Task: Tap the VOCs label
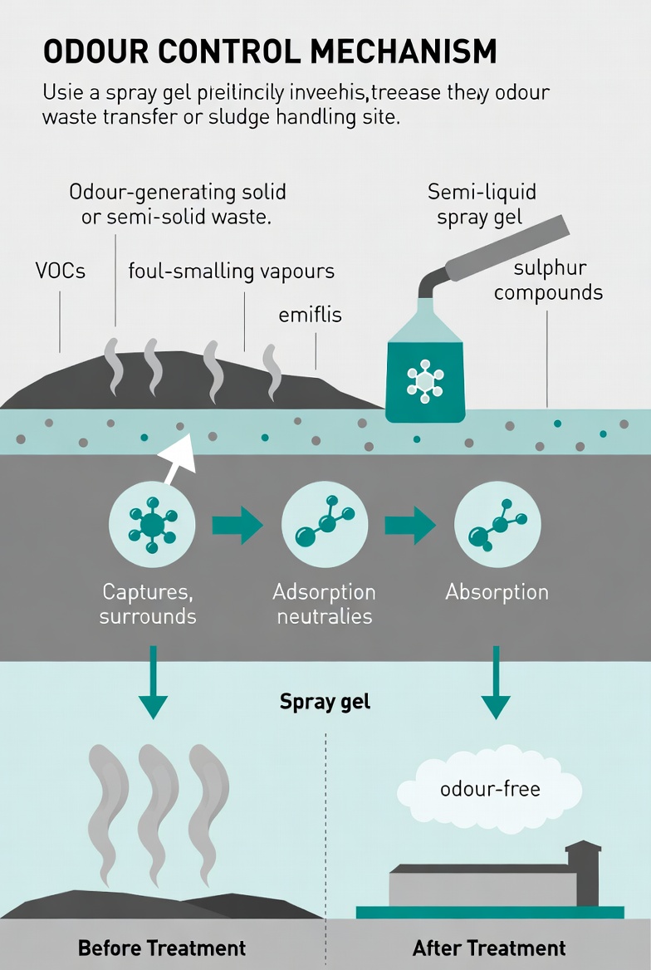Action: tap(61, 271)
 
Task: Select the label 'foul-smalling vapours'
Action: tap(231, 271)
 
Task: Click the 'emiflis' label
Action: tap(310, 315)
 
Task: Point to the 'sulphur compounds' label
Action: tap(548, 280)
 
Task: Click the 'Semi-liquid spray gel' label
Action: tap(482, 204)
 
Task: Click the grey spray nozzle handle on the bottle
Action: tap(507, 249)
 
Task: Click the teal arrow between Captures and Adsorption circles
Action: tap(237, 525)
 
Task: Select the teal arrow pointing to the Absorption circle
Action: tap(410, 525)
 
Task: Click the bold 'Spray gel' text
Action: tap(325, 701)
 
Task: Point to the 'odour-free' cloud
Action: tap(490, 787)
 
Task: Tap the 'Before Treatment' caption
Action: tap(162, 948)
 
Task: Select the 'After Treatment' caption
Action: tap(489, 948)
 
